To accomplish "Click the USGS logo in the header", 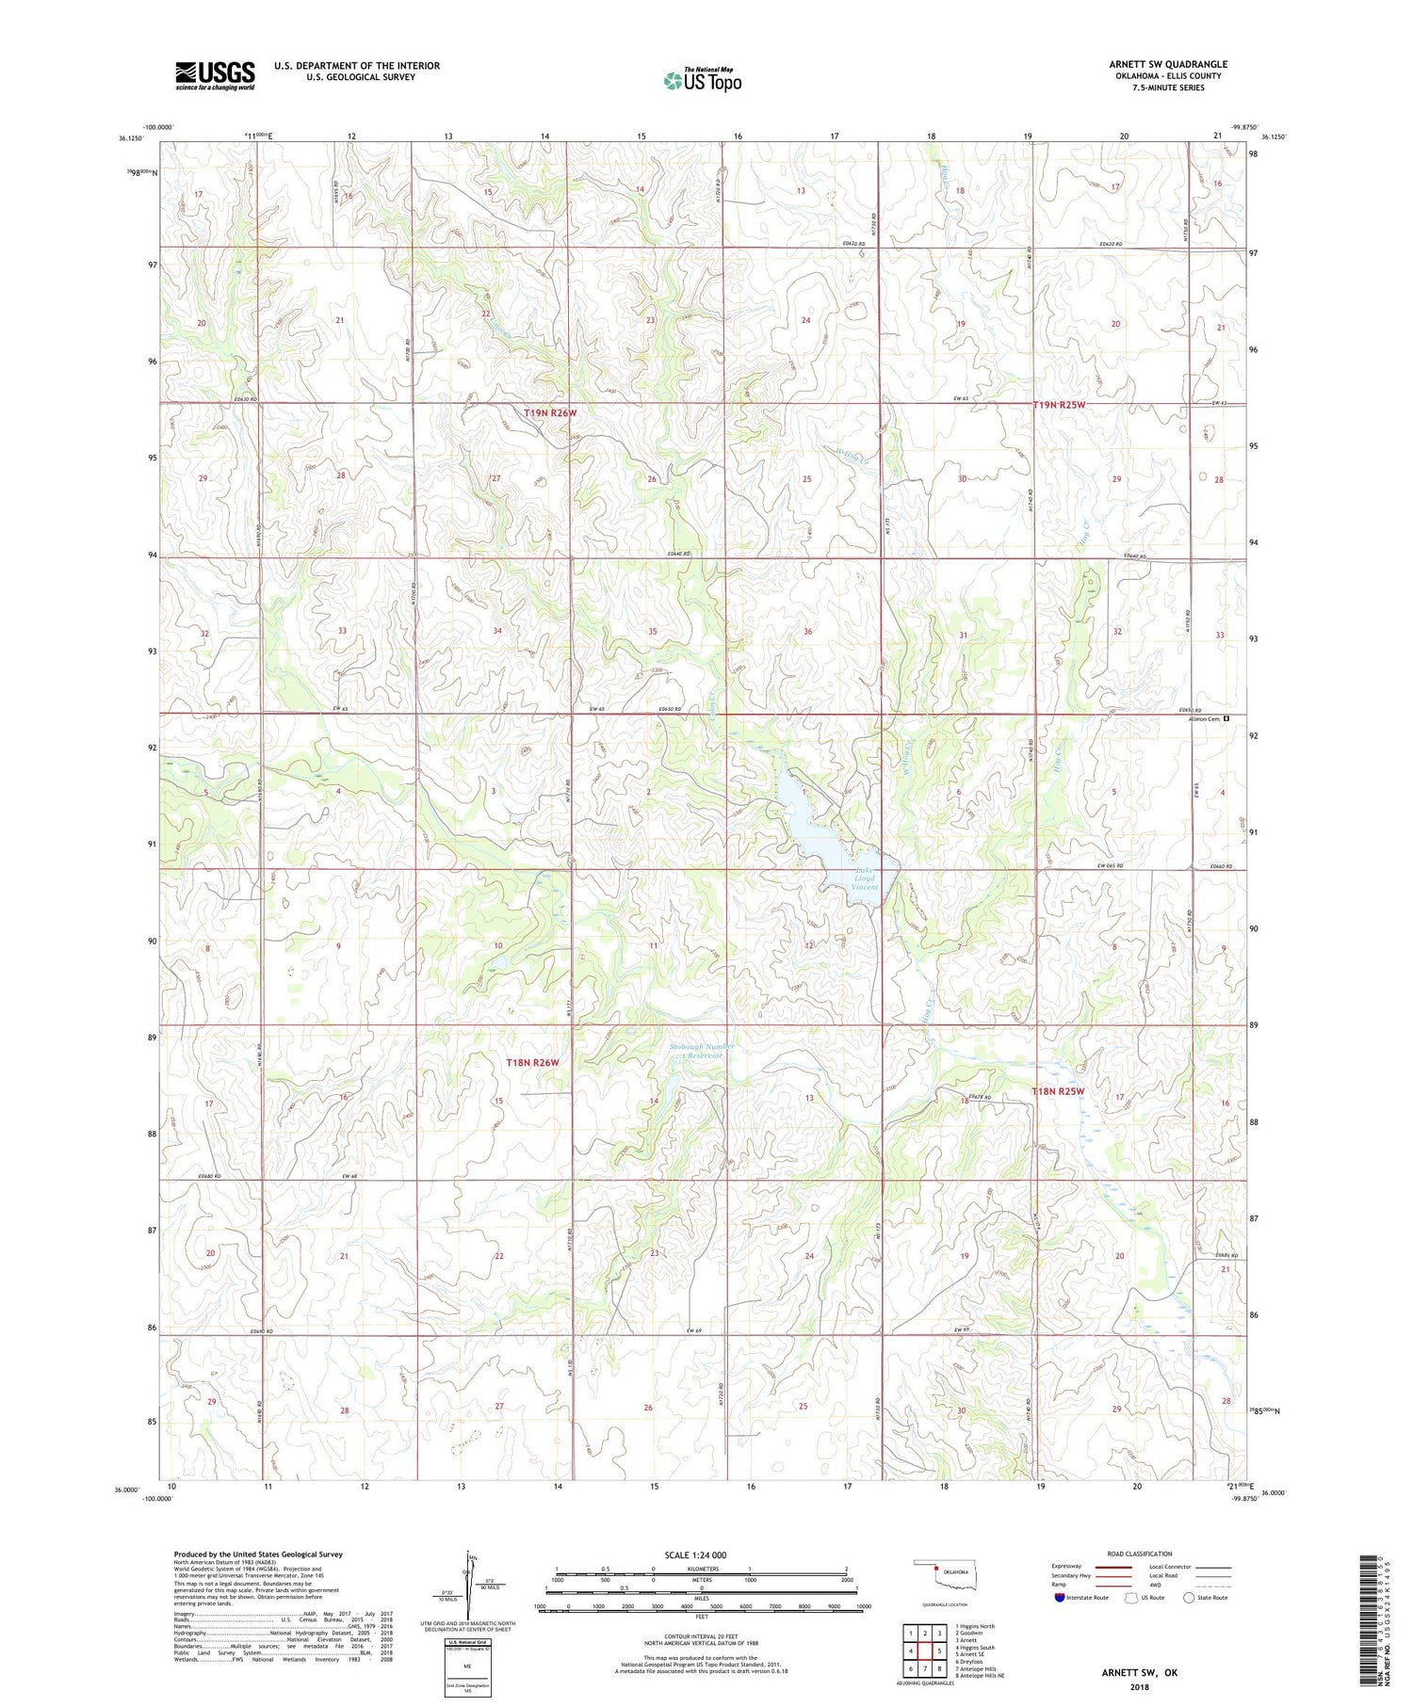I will pos(215,75).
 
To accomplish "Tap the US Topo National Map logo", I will pos(702,81).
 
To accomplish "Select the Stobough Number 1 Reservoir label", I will pos(702,1051).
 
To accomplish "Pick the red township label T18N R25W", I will pos(1058,1091).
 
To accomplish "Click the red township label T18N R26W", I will pos(532,1062).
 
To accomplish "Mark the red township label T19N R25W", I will pos(1059,405).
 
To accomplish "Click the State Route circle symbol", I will pos(1188,1598).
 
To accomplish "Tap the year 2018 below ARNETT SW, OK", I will pos(1140,1686).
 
